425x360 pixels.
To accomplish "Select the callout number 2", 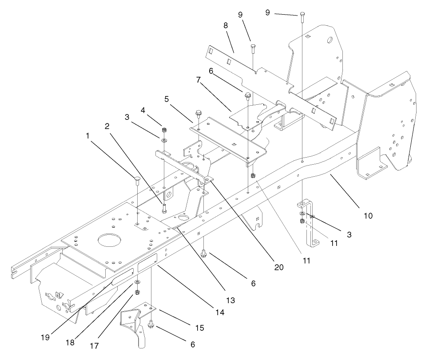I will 107,126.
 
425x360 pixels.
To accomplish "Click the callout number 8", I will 226,26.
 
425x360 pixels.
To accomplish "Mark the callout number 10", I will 368,216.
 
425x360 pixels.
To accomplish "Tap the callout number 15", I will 199,328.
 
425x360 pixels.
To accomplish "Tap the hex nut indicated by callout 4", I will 164,130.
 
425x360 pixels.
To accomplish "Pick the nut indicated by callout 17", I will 137,292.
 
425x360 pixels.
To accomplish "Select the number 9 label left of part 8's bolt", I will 240,15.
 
